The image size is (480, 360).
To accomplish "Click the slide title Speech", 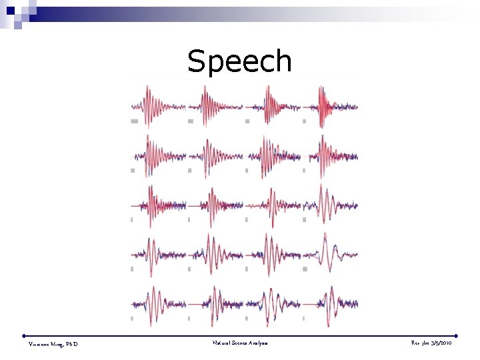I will [239, 61].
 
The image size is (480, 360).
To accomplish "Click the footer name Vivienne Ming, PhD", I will [53, 343].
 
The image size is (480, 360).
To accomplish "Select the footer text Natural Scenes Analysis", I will [240, 343].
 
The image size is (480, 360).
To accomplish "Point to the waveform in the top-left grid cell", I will [158, 105].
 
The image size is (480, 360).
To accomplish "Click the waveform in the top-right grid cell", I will [330, 105].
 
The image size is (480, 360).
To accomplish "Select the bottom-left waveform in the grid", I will [158, 304].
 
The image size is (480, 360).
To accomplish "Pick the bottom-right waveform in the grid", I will [330, 304].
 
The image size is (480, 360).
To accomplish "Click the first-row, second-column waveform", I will [215, 105].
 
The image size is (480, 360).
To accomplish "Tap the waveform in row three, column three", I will [273, 204].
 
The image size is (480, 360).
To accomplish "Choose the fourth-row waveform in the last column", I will [330, 253].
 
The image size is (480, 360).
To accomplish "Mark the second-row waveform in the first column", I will [158, 155].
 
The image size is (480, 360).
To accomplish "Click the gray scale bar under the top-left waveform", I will [134, 121].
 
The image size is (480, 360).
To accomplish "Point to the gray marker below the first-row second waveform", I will [191, 121].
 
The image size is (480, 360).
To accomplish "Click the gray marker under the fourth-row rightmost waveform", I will [304, 269].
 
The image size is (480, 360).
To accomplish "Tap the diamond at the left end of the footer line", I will [24, 335].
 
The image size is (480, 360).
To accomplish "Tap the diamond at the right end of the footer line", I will [457, 335].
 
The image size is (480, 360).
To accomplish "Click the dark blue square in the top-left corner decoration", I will [11, 11].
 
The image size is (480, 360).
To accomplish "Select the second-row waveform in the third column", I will [273, 155].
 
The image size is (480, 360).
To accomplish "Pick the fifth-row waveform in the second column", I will [215, 304].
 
